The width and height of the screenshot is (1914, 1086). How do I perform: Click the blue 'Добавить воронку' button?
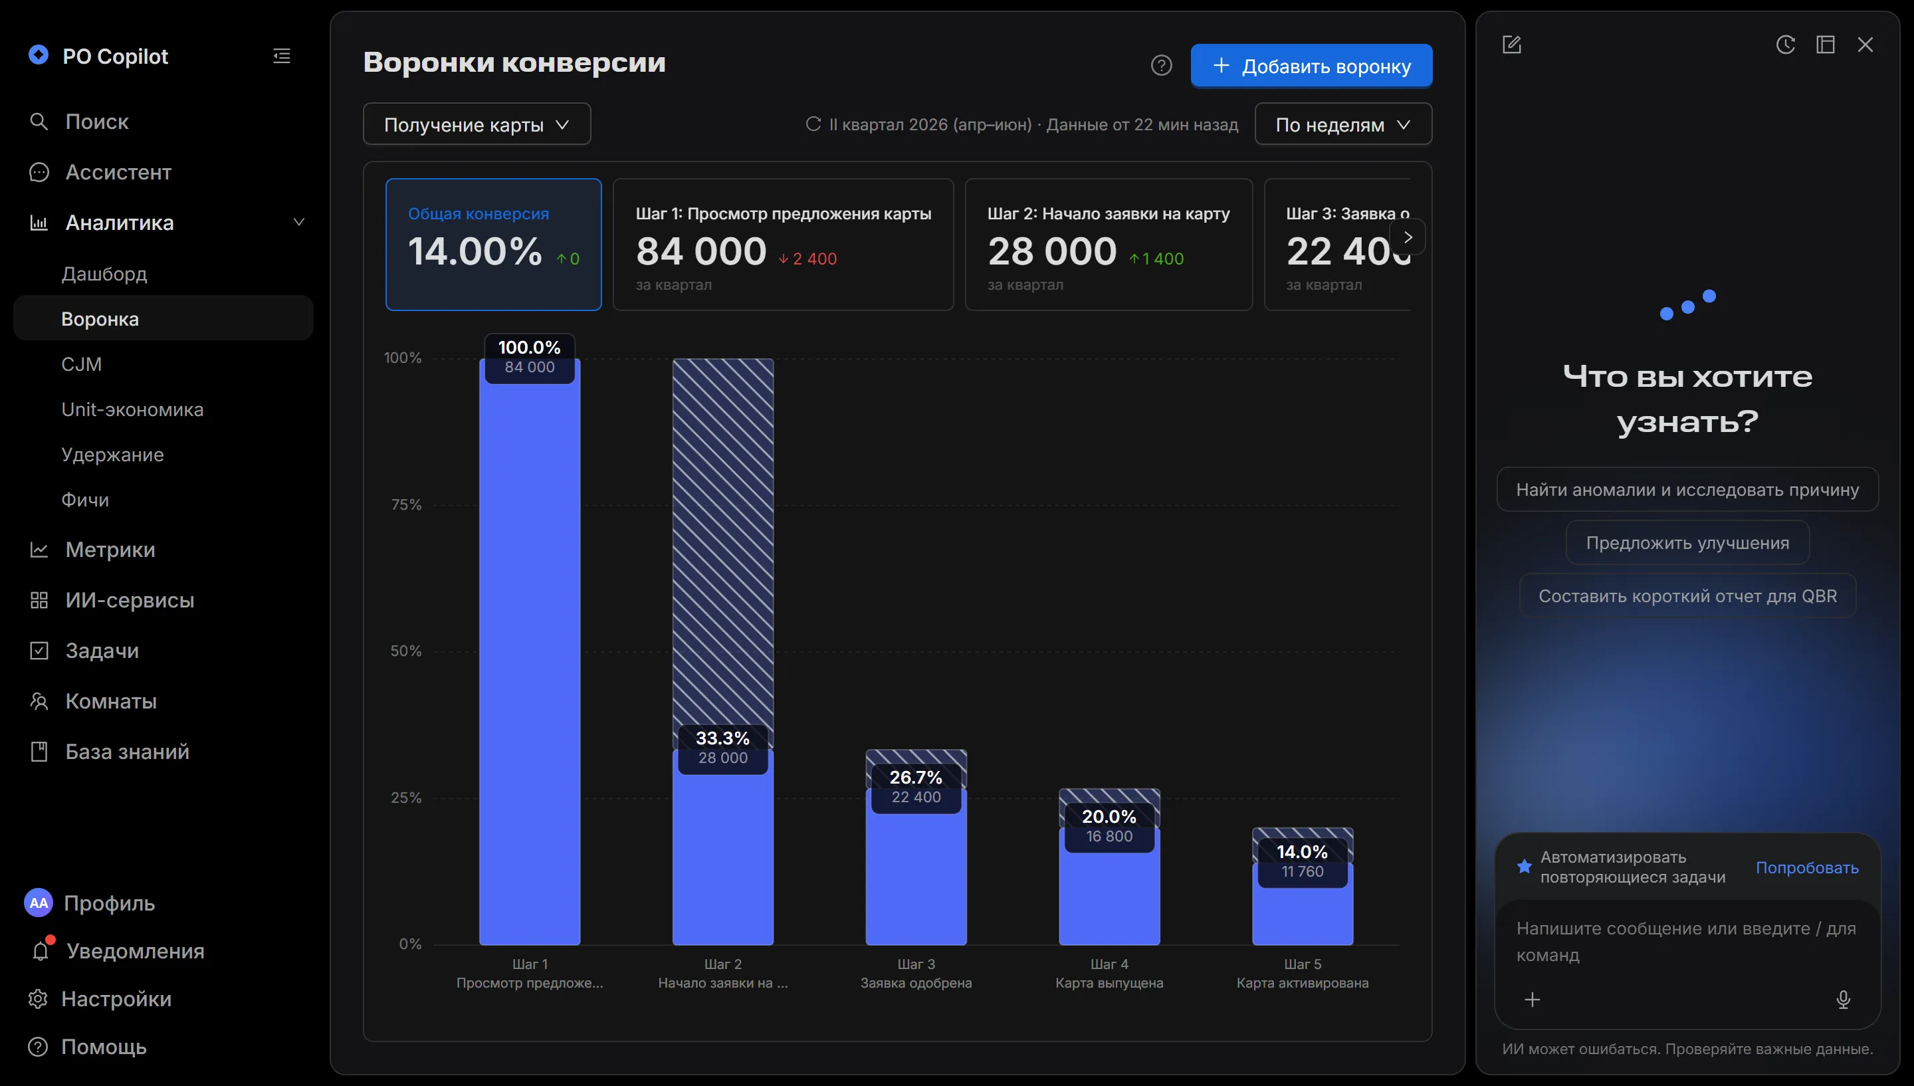point(1311,66)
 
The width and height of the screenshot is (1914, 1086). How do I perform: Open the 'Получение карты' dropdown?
point(477,124)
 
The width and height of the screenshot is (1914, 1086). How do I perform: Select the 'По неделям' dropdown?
point(1343,124)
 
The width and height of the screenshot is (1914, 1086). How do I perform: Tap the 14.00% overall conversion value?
point(475,251)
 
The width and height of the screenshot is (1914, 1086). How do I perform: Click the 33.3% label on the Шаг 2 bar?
point(722,738)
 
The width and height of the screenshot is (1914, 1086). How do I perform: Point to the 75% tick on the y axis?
point(406,505)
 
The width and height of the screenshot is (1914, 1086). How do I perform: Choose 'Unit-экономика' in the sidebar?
point(132,409)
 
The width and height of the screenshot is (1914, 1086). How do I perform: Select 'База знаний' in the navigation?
point(128,751)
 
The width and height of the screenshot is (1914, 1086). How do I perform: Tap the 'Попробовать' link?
point(1806,867)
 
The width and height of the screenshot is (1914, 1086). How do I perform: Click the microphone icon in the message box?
point(1843,1000)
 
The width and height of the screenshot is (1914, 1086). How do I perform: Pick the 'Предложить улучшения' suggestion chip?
point(1687,543)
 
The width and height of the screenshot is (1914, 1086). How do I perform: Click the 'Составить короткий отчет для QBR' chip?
point(1687,596)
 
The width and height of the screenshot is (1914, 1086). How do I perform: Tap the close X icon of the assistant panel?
point(1865,45)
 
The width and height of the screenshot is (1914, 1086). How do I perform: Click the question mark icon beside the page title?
point(1161,66)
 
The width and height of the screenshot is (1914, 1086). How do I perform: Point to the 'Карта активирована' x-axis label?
point(1302,983)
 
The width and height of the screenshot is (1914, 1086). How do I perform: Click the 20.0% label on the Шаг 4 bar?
point(1109,817)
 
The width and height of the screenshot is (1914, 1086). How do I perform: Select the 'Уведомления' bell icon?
point(41,950)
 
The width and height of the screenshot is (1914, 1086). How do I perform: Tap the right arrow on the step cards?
point(1408,237)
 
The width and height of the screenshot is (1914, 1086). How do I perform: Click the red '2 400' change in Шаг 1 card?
point(807,259)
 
